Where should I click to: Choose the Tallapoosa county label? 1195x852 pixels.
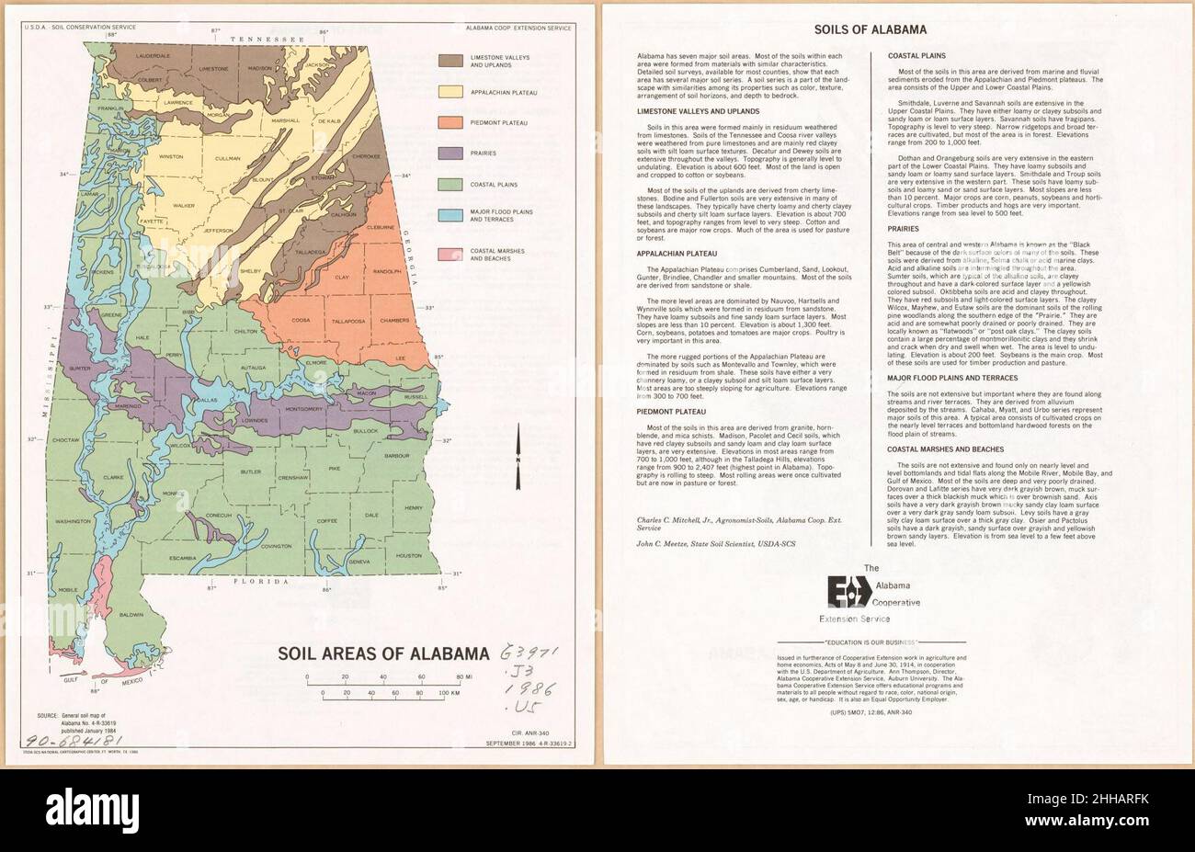(350, 321)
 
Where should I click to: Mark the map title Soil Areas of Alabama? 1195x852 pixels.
(384, 654)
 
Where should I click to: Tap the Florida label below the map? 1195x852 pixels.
(258, 582)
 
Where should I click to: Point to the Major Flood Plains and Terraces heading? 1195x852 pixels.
(951, 378)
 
